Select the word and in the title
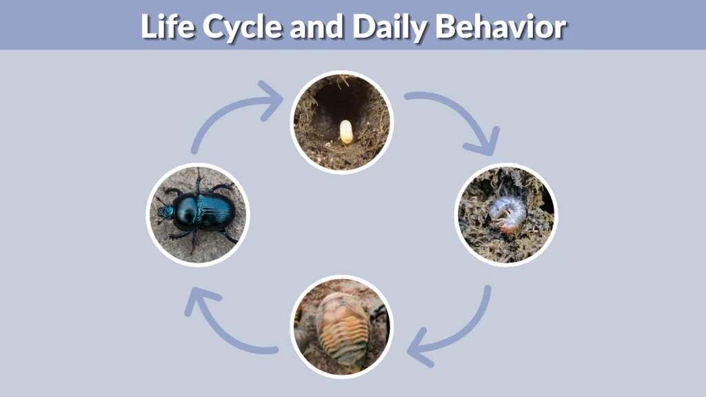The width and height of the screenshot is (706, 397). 317,26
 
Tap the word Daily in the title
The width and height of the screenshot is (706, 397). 390,26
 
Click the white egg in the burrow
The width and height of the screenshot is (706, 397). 346,131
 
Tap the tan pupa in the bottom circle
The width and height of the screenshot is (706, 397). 342,327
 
